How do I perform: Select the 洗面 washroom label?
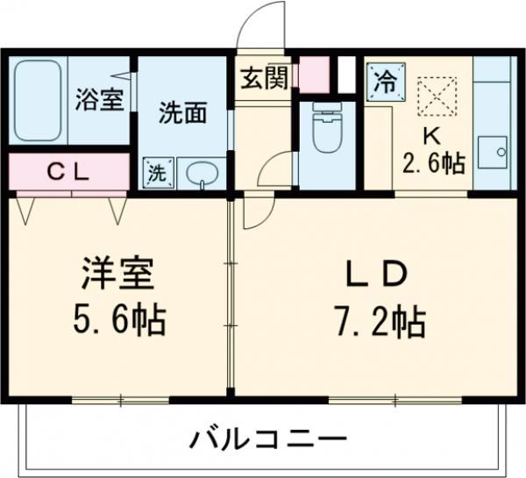tap(183, 113)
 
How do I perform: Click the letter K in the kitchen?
tap(432, 138)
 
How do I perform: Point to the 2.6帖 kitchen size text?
tap(434, 163)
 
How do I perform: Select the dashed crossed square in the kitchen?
tap(433, 96)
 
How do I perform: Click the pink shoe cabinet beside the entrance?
tap(313, 75)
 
